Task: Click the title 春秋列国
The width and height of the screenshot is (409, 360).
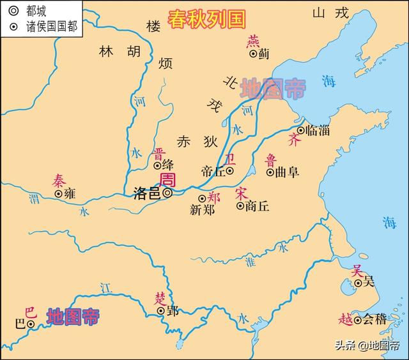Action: click(206, 19)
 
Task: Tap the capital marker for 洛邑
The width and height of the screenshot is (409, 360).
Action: click(167, 192)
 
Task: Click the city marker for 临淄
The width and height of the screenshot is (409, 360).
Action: click(300, 130)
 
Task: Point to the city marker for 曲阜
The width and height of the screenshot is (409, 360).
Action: click(270, 172)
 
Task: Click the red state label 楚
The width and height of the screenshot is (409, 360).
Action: click(159, 298)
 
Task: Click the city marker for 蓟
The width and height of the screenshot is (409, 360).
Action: click(254, 55)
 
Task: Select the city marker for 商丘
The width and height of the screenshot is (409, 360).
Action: click(240, 206)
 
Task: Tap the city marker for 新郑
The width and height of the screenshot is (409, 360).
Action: click(202, 199)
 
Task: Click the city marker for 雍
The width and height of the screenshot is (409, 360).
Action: click(58, 193)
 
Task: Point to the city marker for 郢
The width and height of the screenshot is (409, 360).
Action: click(161, 311)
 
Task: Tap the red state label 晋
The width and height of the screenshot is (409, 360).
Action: click(158, 153)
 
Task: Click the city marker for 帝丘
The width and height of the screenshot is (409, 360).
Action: click(230, 171)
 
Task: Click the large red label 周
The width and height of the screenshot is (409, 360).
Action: click(167, 178)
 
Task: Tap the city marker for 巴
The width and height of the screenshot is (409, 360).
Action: click(30, 324)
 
